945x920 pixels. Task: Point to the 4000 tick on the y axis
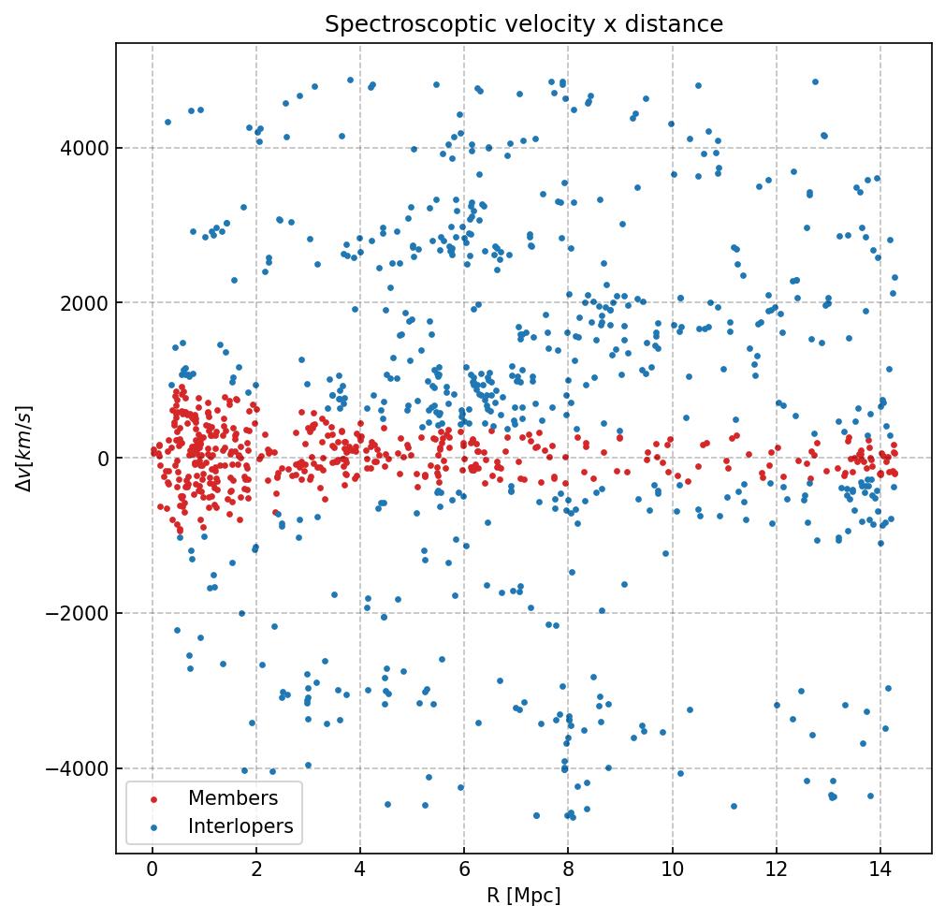(84, 148)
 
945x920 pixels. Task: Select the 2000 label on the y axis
(84, 303)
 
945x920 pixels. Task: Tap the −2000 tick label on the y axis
(80, 613)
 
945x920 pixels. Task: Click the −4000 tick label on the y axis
(80, 768)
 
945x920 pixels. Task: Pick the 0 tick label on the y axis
(101, 459)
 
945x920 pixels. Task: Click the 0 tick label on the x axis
(153, 870)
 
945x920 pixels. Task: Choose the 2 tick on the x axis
(256, 870)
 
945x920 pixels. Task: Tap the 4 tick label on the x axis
(360, 870)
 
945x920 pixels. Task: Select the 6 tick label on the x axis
(464, 870)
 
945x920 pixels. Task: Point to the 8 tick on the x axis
(568, 870)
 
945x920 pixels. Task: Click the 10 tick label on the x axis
(672, 870)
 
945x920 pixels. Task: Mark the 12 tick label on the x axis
(776, 870)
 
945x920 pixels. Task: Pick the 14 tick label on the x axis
(880, 870)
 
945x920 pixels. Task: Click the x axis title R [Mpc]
(523, 896)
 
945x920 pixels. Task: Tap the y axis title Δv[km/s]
(25, 448)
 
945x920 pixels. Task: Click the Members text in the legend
(233, 798)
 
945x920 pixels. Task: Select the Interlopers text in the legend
(240, 826)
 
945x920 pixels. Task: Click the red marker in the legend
(153, 799)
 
